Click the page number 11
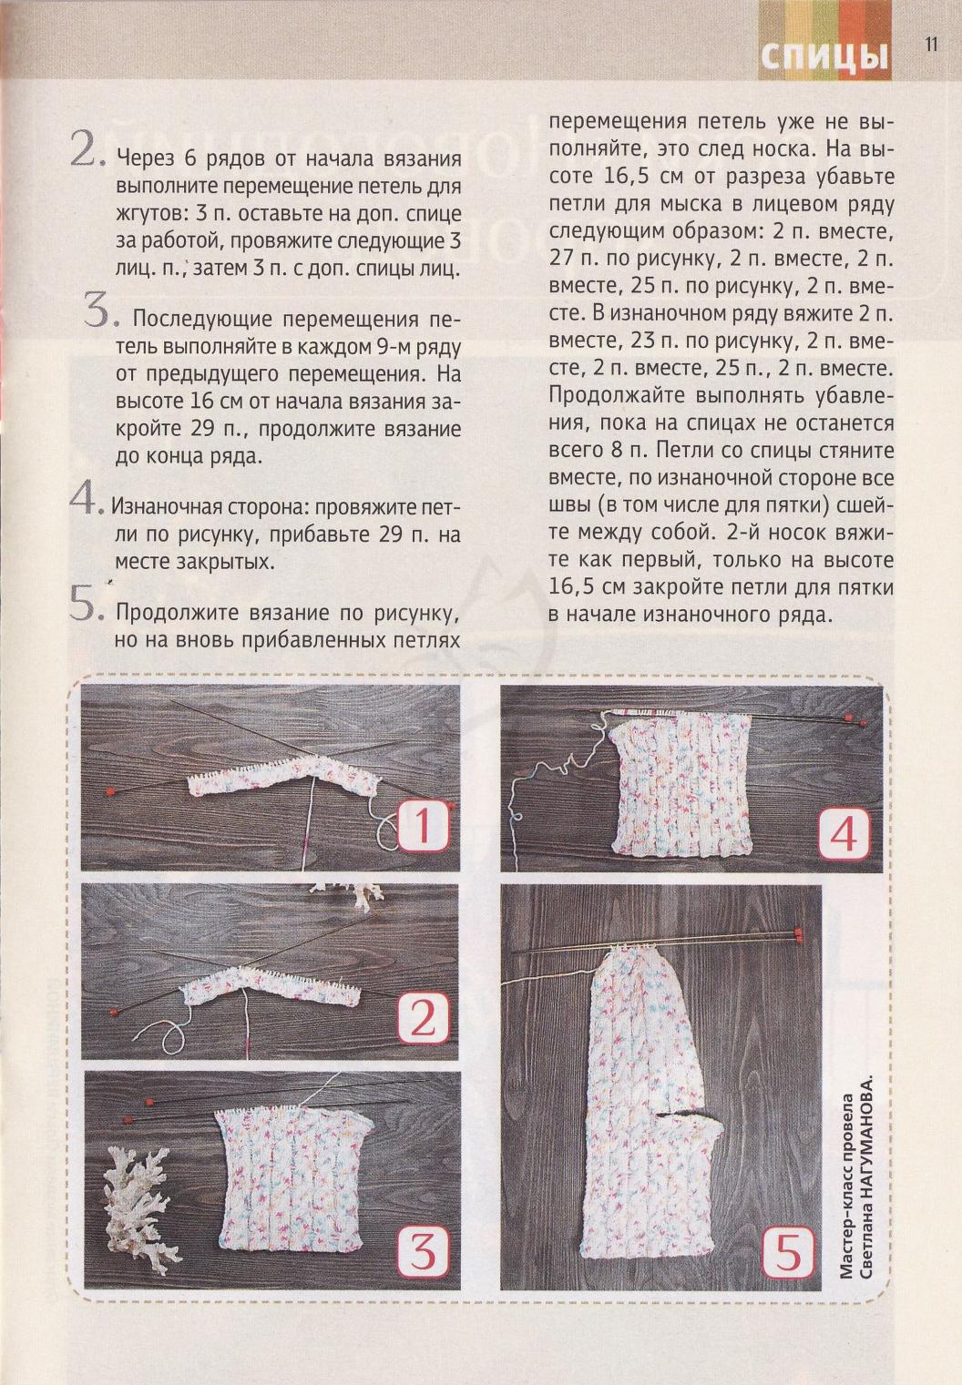(931, 45)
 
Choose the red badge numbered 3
(423, 1255)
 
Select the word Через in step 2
(144, 159)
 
